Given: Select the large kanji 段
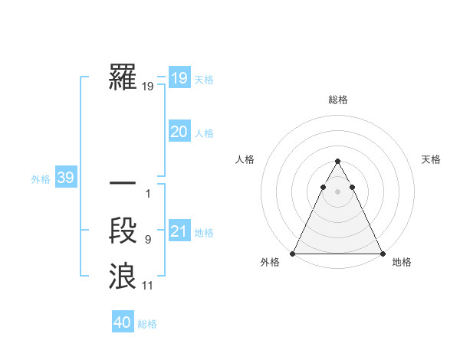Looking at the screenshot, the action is click(123, 230).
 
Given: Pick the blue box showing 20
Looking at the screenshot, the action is click(179, 132).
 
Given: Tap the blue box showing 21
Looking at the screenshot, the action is click(179, 231).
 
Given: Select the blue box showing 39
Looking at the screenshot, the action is click(65, 178).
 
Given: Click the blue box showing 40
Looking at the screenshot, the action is click(123, 322).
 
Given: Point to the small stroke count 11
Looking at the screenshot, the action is click(148, 286).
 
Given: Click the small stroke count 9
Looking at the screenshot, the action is click(148, 240).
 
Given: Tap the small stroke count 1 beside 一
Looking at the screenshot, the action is click(148, 194).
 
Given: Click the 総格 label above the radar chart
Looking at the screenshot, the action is click(337, 100).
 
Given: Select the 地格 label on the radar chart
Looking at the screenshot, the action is click(402, 263).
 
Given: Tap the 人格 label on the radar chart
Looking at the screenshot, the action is click(245, 159).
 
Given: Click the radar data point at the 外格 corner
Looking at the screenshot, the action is click(293, 254).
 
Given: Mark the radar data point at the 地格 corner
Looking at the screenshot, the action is click(382, 254).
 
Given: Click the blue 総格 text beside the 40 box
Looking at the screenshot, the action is click(147, 324).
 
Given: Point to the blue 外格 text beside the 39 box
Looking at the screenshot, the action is click(41, 179).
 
